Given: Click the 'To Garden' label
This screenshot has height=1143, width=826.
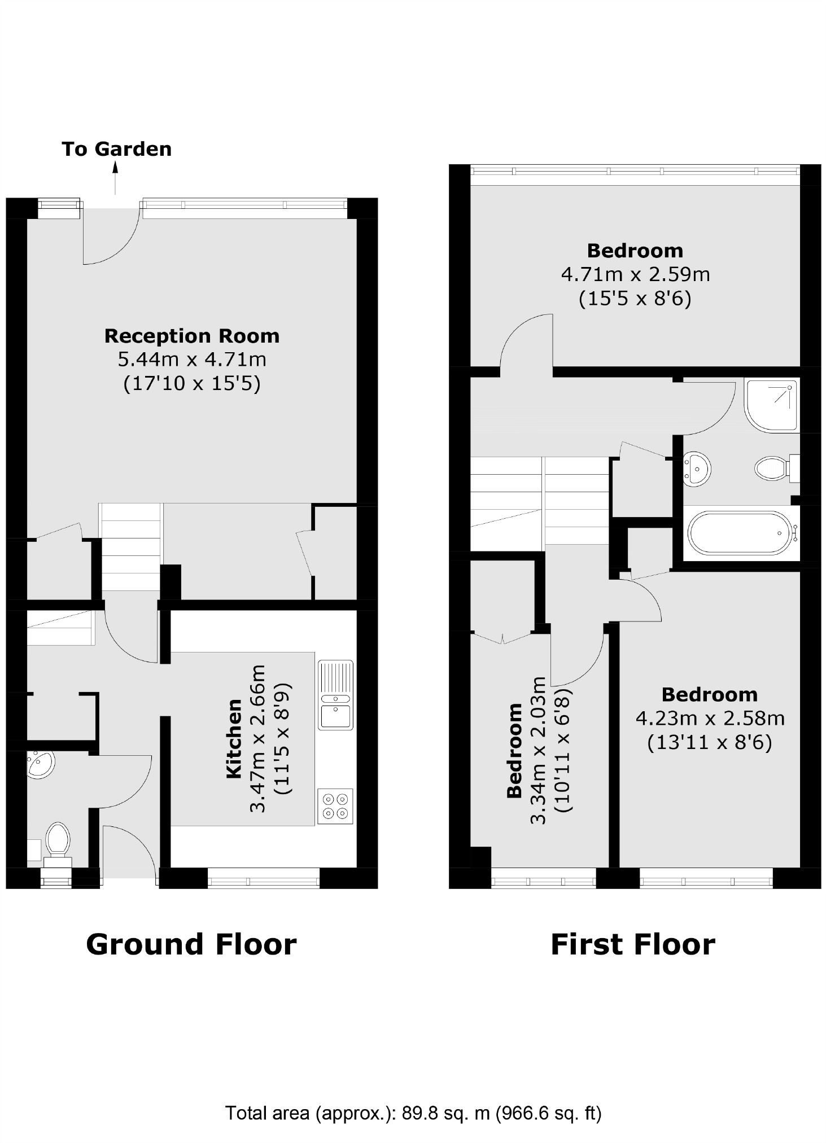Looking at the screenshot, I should coord(116,149).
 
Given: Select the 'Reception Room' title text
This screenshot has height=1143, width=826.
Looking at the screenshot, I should coord(192,336).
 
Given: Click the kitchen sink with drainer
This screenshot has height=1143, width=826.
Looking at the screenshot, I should coord(335,694).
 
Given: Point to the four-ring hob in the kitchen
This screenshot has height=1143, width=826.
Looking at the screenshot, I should coord(335,806).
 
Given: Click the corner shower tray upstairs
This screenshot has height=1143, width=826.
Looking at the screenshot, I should coord(770,405).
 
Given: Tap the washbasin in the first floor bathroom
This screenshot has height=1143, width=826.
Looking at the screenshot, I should coord(697,468).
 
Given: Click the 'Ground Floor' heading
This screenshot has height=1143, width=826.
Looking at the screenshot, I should coord(191,944).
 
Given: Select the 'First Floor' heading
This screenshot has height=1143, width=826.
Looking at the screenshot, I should coord(632,944).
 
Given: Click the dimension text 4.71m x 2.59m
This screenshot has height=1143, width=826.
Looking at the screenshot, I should coord(635,274).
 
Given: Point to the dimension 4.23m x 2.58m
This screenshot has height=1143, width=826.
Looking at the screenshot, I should coord(710,719).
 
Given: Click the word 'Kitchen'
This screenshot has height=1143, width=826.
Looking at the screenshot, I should coord(234,739).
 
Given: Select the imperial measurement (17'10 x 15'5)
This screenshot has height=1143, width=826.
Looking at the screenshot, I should coord(192,384).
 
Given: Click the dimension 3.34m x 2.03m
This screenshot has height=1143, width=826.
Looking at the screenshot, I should coord(539,750).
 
